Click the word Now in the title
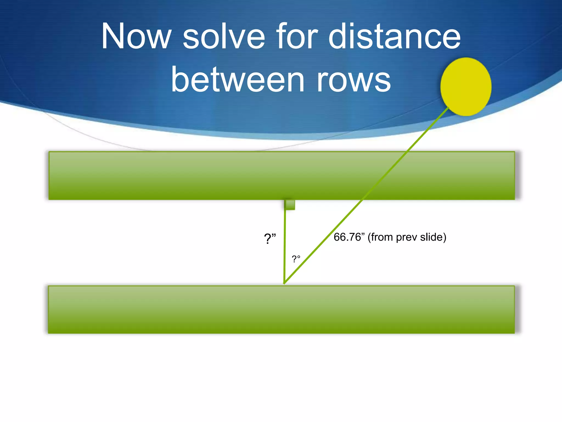(136, 37)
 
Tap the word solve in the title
(224, 37)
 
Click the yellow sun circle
(466, 87)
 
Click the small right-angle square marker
(290, 205)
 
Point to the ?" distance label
(269, 238)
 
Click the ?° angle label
(296, 259)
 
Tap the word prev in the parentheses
(406, 237)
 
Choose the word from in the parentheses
(382, 237)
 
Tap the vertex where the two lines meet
(285, 283)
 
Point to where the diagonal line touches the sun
(448, 108)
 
